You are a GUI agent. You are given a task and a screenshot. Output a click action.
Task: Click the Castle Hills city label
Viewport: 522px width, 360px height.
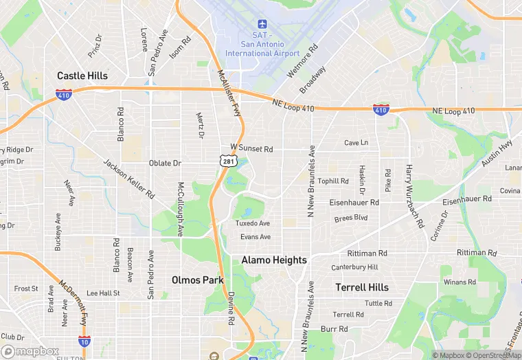tap(82, 76)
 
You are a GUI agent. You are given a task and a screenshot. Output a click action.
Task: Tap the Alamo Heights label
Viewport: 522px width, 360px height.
tap(274, 260)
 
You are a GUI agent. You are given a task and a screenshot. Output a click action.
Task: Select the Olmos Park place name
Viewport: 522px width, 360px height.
tap(198, 280)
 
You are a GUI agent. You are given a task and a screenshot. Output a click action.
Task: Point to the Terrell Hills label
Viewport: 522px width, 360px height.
tap(362, 287)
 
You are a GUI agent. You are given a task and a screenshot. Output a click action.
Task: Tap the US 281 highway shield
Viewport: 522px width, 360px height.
tap(229, 161)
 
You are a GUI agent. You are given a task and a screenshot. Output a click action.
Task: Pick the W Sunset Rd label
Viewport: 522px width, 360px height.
tap(251, 148)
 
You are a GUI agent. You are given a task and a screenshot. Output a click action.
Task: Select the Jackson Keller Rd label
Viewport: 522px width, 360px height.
tap(128, 179)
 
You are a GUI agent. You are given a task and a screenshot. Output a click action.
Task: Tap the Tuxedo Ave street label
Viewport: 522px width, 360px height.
tap(253, 223)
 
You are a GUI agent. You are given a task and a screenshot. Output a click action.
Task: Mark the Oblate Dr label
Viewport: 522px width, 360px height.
tap(165, 163)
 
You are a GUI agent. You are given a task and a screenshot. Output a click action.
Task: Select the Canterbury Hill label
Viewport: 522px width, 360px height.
tap(354, 267)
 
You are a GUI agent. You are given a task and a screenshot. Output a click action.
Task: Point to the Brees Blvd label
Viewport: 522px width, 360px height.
tap(351, 218)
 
